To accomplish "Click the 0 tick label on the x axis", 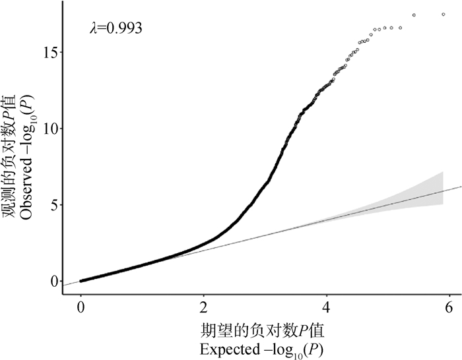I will pos(81,307).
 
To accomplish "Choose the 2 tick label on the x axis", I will pos(204,307).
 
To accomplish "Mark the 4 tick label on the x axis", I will pos(327,307).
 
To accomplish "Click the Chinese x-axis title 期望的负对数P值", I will pos(265,328).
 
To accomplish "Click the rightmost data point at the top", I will pos(444,14).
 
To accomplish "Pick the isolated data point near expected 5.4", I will pos(414,15).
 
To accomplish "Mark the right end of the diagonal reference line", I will pos(460,187).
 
